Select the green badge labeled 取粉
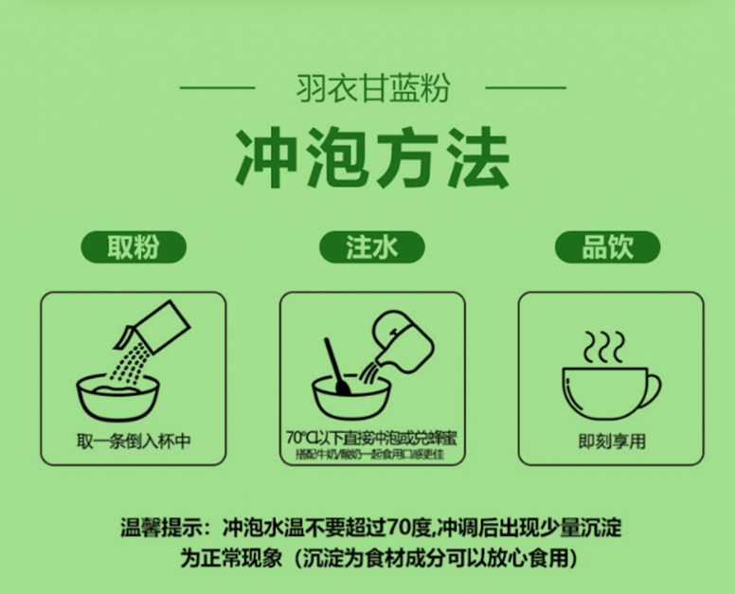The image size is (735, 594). click(x=133, y=247)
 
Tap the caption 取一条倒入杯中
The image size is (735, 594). click(x=132, y=441)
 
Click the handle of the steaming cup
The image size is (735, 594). click(x=651, y=390)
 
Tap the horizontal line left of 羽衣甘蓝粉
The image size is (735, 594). click(x=217, y=89)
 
